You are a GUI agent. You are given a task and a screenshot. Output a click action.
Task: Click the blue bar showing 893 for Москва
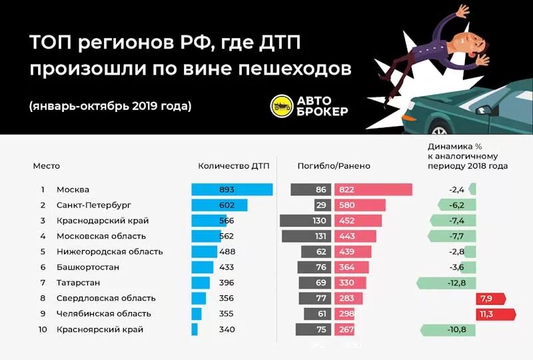point(232,189)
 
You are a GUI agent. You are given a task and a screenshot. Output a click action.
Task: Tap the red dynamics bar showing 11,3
point(496,314)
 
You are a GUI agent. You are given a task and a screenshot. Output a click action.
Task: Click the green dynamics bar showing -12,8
point(446,283)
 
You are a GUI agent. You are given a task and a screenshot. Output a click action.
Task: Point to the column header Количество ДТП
point(233,166)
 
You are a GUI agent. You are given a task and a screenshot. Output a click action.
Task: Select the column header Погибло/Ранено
point(334,166)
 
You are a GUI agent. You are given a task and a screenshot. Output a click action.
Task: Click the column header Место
point(47,166)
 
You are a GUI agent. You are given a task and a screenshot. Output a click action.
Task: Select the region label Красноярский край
point(100,329)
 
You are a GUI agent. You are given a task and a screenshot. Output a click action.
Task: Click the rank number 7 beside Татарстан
point(43,283)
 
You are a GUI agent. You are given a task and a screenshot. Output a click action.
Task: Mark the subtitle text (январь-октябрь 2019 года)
point(111,106)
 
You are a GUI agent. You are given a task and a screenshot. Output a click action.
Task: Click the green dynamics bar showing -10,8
point(448,329)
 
